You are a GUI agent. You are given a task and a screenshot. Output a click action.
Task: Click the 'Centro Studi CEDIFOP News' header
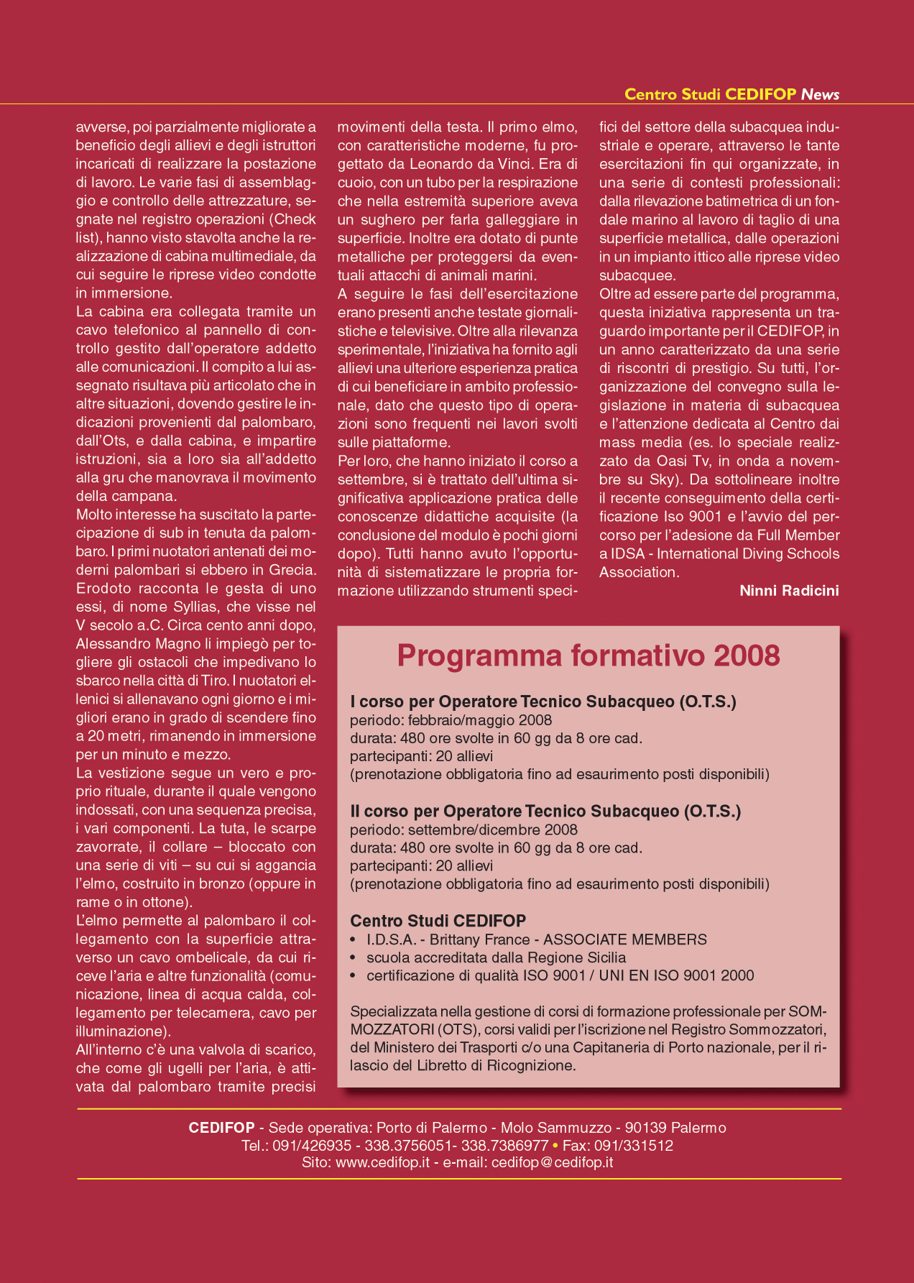point(731,94)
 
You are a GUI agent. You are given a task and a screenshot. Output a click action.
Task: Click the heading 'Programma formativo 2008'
point(588,656)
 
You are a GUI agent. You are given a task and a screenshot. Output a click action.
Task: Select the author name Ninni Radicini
point(789,591)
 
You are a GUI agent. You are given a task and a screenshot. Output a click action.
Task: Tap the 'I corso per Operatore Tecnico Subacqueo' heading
point(543,702)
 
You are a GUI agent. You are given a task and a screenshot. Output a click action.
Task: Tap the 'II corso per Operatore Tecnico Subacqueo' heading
point(545,811)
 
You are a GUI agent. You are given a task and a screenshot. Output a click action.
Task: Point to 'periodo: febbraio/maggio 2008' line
point(451,720)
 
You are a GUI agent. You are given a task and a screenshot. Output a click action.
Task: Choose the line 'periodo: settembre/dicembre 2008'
point(463,829)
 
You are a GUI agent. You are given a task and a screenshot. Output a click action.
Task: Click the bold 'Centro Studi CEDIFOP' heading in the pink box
point(438,921)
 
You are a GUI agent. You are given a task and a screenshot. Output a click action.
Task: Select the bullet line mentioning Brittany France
point(536,939)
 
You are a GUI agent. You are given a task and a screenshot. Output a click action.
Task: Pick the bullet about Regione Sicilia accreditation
point(496,957)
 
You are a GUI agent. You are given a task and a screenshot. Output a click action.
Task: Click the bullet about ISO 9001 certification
point(560,975)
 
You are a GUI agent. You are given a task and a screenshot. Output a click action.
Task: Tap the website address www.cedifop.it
point(382,1162)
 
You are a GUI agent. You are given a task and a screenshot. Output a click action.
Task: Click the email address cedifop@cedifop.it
point(552,1162)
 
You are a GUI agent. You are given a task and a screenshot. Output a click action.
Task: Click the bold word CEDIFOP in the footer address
point(221,1128)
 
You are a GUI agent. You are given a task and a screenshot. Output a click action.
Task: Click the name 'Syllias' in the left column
point(195,607)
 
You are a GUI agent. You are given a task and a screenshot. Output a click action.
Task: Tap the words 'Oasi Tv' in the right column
point(682,461)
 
